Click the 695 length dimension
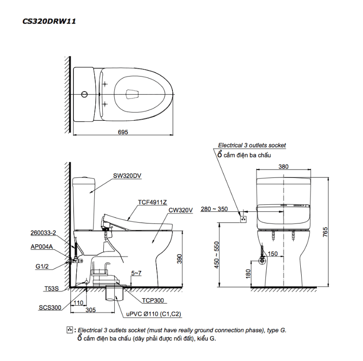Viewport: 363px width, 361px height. pos(122,132)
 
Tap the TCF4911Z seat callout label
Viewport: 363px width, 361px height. pos(152,202)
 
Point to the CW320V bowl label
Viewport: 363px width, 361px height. pos(180,210)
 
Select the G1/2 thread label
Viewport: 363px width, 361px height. pos(42,266)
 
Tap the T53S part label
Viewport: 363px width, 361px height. pos(51,288)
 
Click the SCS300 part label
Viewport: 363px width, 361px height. pos(49,308)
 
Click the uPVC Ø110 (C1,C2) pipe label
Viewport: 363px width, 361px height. pos(154,315)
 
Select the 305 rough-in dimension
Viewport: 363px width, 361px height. pos(91,309)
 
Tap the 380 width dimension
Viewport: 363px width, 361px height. pos(284,166)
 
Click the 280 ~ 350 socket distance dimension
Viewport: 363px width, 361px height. pos(214,209)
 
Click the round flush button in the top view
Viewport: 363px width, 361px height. pos(84,95)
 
